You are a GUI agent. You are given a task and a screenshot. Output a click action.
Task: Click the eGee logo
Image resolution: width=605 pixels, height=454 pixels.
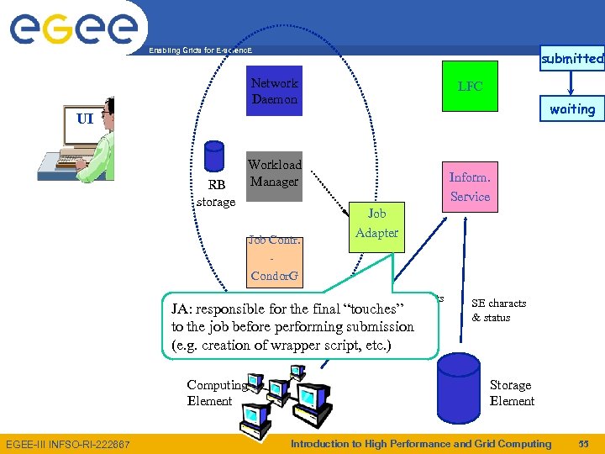(73, 28)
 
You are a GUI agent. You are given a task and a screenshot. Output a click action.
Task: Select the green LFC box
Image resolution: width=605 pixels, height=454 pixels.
(470, 86)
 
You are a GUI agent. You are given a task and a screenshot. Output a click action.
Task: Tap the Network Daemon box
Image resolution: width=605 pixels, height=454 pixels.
(275, 91)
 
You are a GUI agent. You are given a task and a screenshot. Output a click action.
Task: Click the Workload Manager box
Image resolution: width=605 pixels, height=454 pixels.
(274, 173)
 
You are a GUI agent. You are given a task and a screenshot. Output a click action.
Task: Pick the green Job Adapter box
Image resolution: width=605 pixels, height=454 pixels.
(376, 224)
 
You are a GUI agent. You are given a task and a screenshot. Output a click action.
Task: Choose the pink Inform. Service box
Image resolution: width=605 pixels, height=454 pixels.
(470, 187)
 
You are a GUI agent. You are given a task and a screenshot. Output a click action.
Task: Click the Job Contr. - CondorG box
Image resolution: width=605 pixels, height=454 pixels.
(274, 258)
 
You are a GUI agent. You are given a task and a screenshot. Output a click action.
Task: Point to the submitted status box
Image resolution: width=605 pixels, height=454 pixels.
(572, 58)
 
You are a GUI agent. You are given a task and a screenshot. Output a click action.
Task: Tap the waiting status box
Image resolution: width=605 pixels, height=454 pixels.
(572, 108)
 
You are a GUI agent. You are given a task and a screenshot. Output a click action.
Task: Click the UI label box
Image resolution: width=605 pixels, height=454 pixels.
(84, 119)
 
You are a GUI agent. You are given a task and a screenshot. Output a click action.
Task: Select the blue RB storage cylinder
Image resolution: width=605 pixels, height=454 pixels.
(215, 156)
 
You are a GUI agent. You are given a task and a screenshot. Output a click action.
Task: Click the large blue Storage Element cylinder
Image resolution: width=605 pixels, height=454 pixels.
(459, 388)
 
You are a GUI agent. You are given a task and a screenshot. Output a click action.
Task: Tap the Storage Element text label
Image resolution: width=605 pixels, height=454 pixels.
(512, 393)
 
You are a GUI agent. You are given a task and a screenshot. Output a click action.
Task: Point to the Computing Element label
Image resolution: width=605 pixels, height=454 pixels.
(217, 393)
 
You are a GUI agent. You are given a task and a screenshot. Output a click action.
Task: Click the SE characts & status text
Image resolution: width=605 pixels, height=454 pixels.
(499, 310)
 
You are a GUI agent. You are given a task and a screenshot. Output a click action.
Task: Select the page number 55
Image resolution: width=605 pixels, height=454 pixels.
(584, 444)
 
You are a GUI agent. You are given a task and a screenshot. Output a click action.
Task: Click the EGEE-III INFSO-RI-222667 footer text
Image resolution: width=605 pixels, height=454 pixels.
(68, 444)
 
